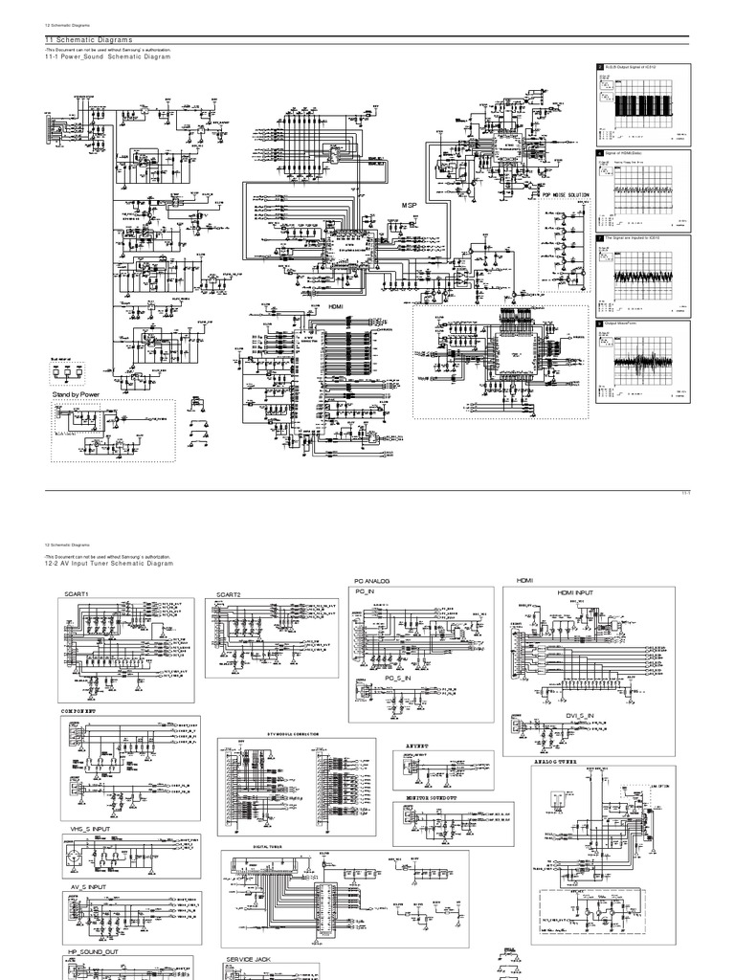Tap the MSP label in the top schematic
click(411, 207)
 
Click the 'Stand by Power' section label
click(77, 393)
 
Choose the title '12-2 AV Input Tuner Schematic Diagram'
click(111, 564)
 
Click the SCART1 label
click(78, 594)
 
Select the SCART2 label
click(229, 594)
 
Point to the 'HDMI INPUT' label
click(575, 593)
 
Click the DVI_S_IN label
click(578, 715)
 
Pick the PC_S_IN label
click(397, 678)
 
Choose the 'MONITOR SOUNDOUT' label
click(433, 796)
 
